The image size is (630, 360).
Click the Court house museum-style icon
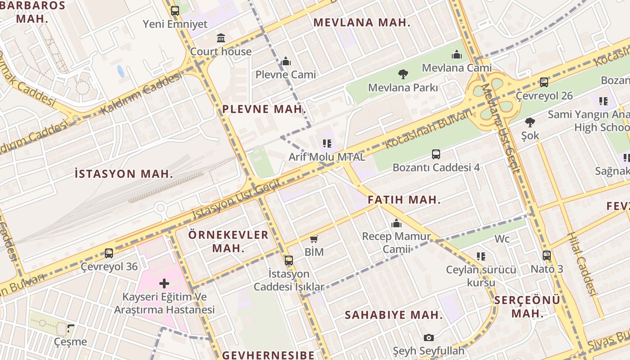click(x=220, y=38)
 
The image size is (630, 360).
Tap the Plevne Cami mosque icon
click(x=286, y=61)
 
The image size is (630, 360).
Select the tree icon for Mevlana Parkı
click(x=403, y=74)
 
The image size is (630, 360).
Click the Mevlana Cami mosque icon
click(x=457, y=54)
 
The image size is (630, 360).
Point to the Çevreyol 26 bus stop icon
click(x=544, y=82)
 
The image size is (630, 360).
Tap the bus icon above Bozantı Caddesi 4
click(x=436, y=154)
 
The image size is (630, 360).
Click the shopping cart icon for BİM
click(x=314, y=239)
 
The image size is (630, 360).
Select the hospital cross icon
click(x=164, y=283)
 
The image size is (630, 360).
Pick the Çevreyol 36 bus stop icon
click(x=109, y=253)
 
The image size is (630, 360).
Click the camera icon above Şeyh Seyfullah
click(x=428, y=337)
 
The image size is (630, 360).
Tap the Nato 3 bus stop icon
click(x=546, y=256)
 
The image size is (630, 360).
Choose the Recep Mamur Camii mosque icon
click(x=396, y=223)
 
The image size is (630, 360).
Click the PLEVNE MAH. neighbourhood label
click(x=264, y=109)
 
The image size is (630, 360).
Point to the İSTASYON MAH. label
click(x=124, y=174)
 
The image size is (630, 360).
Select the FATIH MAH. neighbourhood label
click(x=404, y=200)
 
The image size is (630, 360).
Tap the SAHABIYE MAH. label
click(x=394, y=315)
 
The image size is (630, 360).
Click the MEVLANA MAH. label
click(x=362, y=22)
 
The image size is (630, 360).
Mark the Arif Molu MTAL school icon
click(x=327, y=144)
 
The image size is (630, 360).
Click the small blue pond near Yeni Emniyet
click(x=121, y=71)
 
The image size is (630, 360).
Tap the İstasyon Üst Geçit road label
click(x=236, y=199)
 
